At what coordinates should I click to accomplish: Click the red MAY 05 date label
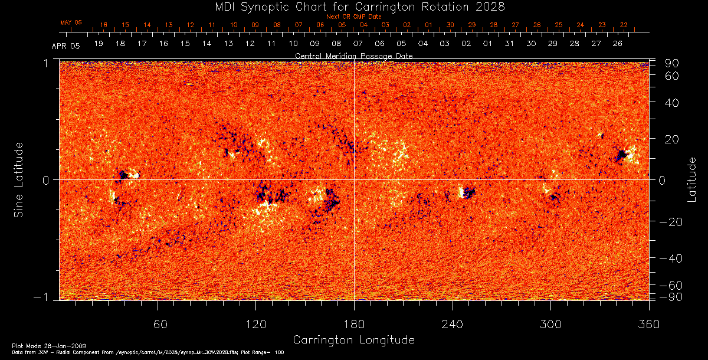(x=71, y=22)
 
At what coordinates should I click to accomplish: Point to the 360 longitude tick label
(x=648, y=324)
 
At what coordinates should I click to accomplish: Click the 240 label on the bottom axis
(x=452, y=324)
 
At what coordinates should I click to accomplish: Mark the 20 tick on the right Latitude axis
(x=672, y=139)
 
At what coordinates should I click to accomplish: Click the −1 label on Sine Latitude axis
(x=47, y=297)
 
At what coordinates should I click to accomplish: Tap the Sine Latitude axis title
(x=19, y=179)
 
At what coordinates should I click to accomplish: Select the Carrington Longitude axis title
(x=353, y=340)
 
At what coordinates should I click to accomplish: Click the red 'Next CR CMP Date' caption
(x=353, y=17)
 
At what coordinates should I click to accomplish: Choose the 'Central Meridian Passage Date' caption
(x=353, y=55)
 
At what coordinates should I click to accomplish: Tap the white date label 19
(x=99, y=44)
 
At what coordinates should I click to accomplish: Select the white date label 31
(x=509, y=44)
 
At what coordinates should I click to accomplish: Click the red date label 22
(x=624, y=25)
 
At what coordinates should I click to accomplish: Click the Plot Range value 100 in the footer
(x=280, y=352)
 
